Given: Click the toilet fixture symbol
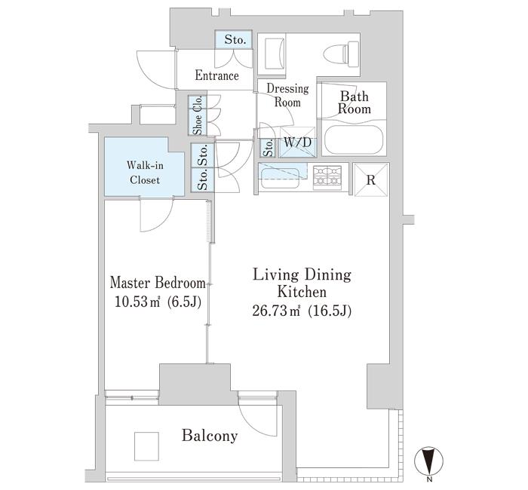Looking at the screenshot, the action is [x=341, y=53].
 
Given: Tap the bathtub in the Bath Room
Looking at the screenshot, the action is [x=354, y=140].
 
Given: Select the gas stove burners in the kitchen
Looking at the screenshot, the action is [x=327, y=176].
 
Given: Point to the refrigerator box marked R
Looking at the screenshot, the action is [x=371, y=179].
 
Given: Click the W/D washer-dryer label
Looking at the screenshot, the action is [x=298, y=142].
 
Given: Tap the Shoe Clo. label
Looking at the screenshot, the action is [x=198, y=115].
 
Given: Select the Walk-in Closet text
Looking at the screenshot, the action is [x=145, y=173].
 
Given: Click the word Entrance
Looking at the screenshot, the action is [x=217, y=75].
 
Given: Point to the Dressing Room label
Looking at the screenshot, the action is [x=287, y=95].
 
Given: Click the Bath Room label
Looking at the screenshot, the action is [x=355, y=103].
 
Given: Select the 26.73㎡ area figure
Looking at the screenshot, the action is [x=276, y=311].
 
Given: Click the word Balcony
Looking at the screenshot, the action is [x=210, y=436].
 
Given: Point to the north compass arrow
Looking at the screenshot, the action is [x=428, y=461].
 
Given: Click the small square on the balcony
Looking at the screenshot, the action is [x=146, y=446].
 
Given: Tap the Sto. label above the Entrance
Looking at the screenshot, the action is [x=235, y=39].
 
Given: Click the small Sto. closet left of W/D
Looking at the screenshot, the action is [x=269, y=148].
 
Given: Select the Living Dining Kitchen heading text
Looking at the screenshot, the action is [x=302, y=283].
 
